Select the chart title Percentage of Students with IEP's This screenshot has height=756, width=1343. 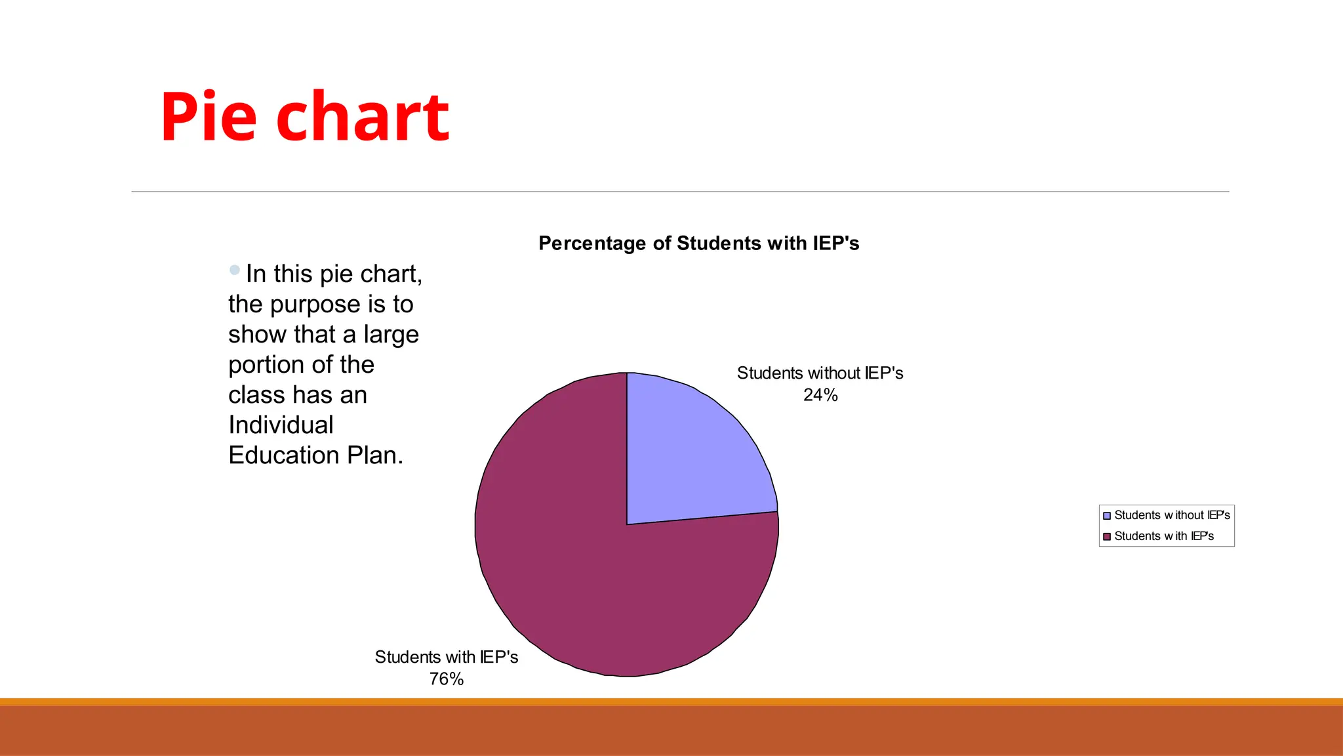point(698,243)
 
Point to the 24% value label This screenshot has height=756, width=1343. point(820,395)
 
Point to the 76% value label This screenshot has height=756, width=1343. point(447,679)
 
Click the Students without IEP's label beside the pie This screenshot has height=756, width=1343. point(820,373)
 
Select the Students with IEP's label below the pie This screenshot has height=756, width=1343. point(447,658)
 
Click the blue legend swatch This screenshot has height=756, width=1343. point(1107,516)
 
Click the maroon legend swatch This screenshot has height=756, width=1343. point(1107,537)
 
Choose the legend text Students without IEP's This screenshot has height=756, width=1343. point(1172,516)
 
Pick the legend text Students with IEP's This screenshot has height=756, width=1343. point(1164,537)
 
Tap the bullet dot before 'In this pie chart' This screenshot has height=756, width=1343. point(235,270)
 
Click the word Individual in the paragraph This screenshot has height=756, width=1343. point(281,425)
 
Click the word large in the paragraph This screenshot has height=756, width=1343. point(391,335)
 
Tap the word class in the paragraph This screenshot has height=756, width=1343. point(257,395)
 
